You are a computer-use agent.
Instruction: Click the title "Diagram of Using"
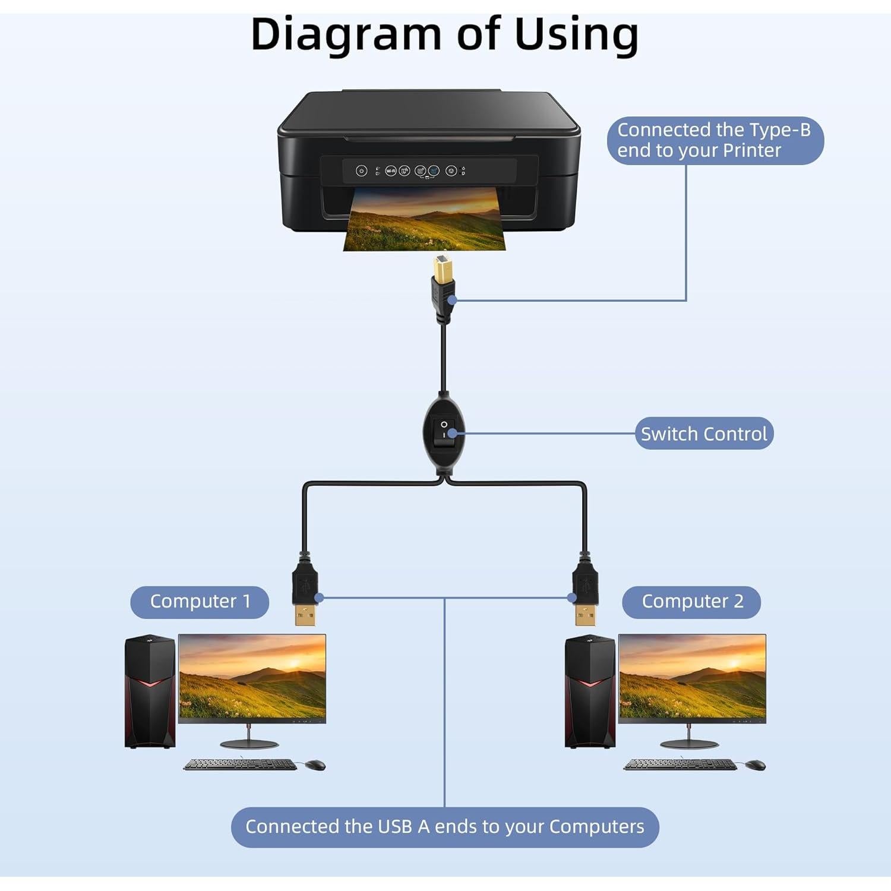[444, 34]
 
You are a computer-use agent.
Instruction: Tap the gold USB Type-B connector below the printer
[442, 270]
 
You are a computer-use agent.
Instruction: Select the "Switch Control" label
[704, 434]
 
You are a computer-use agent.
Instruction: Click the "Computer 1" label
[200, 601]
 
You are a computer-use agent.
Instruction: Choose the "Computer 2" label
[692, 601]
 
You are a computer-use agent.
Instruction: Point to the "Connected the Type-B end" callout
[715, 140]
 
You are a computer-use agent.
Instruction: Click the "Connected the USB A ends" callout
[444, 826]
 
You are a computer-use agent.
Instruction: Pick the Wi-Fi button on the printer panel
[391, 171]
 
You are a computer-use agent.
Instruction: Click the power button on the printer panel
[361, 171]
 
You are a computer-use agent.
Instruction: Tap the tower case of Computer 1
[150, 692]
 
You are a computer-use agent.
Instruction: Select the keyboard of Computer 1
[240, 764]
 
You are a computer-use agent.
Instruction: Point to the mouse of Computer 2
[755, 764]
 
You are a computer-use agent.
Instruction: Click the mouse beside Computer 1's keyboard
[315, 764]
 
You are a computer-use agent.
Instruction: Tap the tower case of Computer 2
[590, 692]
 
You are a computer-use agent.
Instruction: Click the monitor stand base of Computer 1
[249, 744]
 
